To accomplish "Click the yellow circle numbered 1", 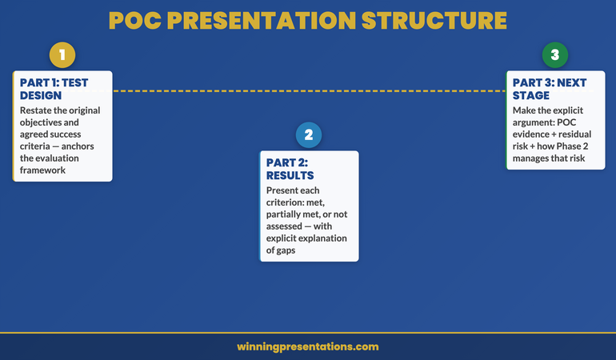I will pyautogui.click(x=62, y=55).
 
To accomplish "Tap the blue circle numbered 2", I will pyautogui.click(x=309, y=135).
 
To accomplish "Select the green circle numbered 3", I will pyautogui.click(x=554, y=55).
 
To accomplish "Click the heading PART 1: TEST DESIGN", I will pyautogui.click(x=54, y=88).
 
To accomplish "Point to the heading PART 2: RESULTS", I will pyautogui.click(x=290, y=168).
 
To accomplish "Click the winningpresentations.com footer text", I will pyautogui.click(x=308, y=347).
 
